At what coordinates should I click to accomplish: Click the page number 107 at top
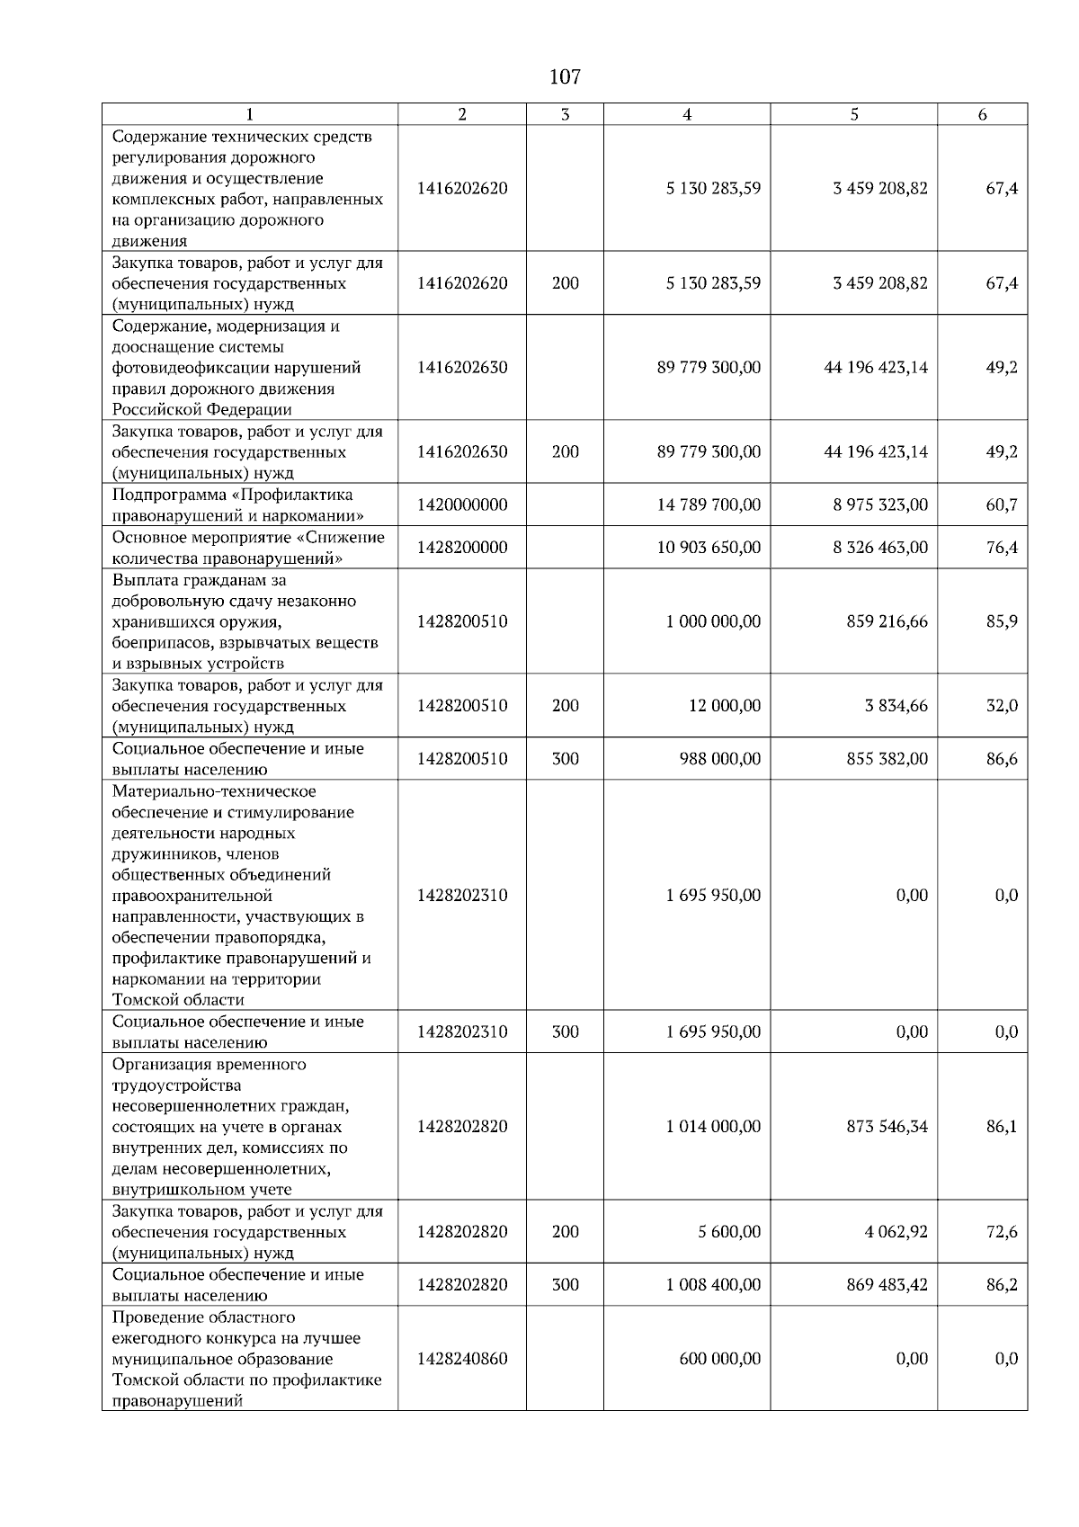point(565,76)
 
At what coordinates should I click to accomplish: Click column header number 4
point(687,114)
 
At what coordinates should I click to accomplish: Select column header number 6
point(982,114)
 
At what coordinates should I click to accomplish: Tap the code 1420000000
point(462,505)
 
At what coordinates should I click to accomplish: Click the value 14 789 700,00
point(709,505)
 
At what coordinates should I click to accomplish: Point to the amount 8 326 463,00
point(879,548)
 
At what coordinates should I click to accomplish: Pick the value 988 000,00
point(719,759)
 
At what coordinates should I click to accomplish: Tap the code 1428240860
point(462,1359)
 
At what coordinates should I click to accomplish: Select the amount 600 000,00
point(719,1359)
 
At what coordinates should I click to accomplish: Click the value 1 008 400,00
point(713,1285)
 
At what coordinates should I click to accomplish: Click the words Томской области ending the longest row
point(178,1000)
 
